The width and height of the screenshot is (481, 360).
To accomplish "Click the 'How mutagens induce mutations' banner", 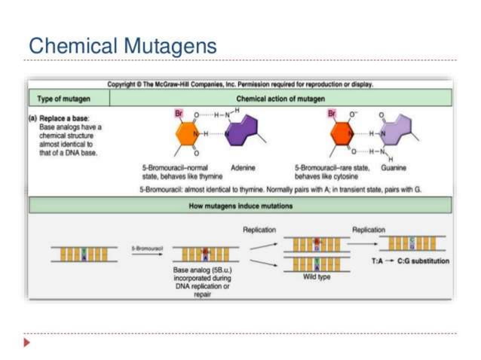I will click(240, 206).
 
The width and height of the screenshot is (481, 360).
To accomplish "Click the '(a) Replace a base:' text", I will click(64, 121).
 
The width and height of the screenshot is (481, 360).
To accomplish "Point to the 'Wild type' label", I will click(314, 276).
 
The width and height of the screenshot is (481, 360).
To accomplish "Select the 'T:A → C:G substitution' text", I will click(411, 261).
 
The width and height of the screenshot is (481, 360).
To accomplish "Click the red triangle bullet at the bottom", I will click(28, 343).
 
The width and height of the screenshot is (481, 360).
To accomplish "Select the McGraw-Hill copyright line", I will click(240, 84).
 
